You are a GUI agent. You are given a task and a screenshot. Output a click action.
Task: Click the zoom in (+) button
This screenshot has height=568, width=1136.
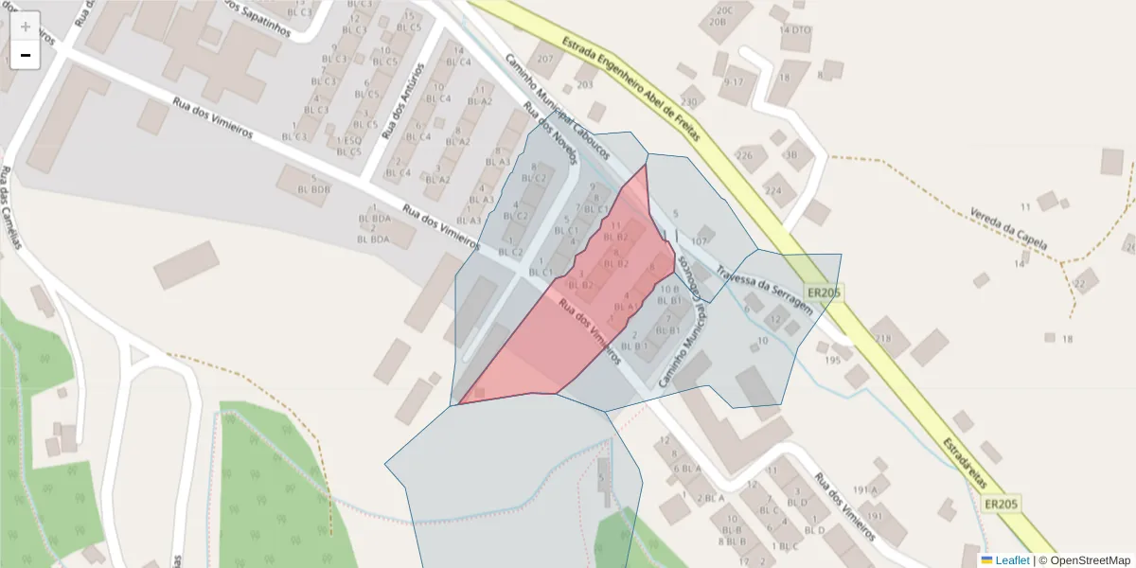25,26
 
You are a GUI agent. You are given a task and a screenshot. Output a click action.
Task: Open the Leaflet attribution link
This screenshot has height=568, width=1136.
1012,560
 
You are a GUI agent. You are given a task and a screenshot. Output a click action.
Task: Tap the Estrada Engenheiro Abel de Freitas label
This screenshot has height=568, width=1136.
630,89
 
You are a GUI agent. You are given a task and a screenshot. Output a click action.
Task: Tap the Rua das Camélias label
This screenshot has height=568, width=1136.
11,208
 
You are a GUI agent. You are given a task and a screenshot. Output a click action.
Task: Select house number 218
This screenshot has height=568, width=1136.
884,339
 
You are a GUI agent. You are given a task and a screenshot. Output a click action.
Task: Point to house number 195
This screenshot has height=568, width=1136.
833,360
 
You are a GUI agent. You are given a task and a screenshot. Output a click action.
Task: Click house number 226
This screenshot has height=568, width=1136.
745,155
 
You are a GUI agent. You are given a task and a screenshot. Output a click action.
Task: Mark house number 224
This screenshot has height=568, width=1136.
773,190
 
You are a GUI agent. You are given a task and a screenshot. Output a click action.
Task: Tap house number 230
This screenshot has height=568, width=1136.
688,101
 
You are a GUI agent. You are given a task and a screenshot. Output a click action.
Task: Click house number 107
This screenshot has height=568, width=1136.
700,241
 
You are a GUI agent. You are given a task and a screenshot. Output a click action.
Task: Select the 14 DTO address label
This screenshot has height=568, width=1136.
795,30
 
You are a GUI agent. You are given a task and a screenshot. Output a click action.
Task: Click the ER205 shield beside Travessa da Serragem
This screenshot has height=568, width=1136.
823,293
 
